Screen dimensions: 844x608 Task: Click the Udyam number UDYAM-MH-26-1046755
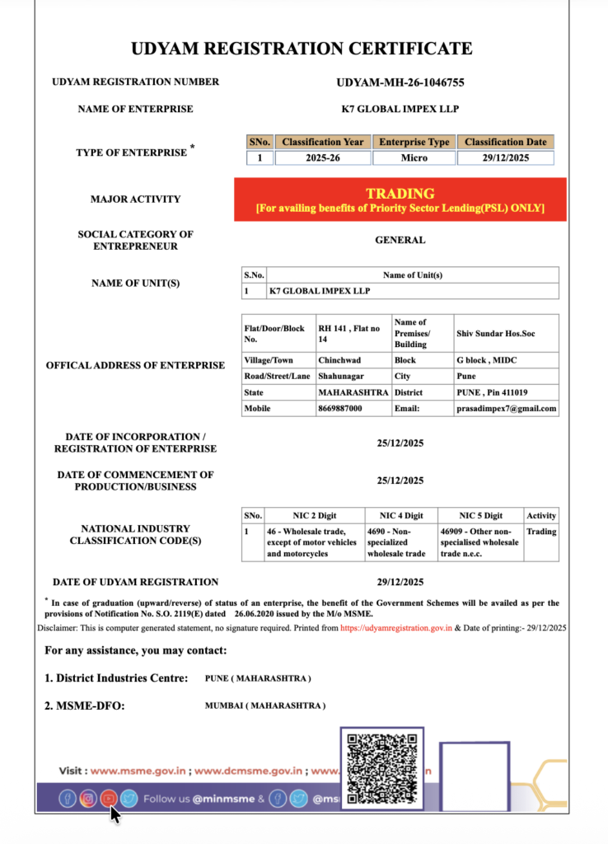[400, 82]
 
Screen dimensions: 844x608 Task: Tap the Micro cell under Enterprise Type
[414, 157]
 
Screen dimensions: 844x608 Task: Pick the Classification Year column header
[322, 142]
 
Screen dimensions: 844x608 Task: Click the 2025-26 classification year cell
[322, 157]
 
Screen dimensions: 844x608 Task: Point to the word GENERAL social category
[400, 240]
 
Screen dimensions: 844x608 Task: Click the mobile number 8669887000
[339, 408]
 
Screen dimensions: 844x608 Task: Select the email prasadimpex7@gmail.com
[506, 408]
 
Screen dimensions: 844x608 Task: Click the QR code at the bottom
[381, 767]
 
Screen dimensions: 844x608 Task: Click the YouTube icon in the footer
[109, 798]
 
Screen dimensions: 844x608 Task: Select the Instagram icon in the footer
[87, 798]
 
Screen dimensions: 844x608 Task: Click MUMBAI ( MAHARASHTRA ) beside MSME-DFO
[264, 706]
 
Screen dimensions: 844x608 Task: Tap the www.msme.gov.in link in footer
[138, 771]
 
